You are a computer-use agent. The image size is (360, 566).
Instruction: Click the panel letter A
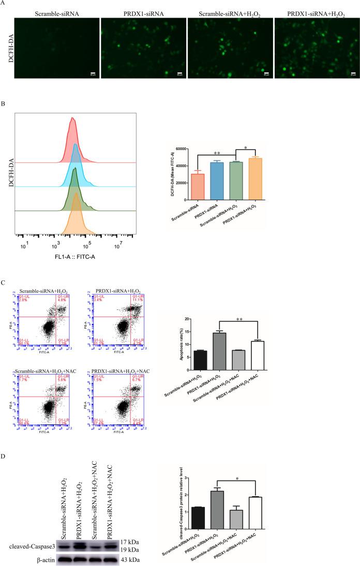tap(4, 4)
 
